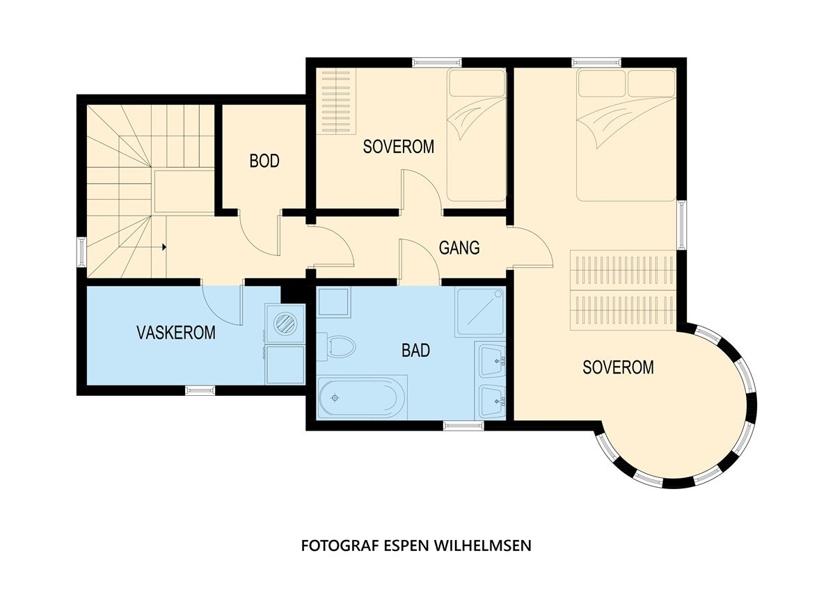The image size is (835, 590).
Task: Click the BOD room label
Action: click(264, 161)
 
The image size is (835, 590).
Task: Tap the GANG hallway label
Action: click(459, 248)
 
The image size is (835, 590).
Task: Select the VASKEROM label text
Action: click(176, 333)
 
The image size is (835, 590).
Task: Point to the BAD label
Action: click(415, 351)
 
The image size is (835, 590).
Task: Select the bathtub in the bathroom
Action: click(362, 398)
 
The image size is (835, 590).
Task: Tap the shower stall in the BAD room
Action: click(480, 312)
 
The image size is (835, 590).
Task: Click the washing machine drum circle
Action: click(285, 323)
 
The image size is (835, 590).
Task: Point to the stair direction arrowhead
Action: click(164, 247)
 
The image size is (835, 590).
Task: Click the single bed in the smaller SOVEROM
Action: click(477, 135)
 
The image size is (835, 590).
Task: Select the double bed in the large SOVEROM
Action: click(626, 135)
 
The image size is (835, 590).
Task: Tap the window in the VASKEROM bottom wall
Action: click(200, 390)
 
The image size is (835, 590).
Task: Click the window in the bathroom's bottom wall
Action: click(463, 425)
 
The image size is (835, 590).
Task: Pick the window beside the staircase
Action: click(82, 252)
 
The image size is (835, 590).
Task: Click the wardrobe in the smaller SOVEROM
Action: click(336, 101)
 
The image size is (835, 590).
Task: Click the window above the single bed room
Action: click(437, 62)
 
